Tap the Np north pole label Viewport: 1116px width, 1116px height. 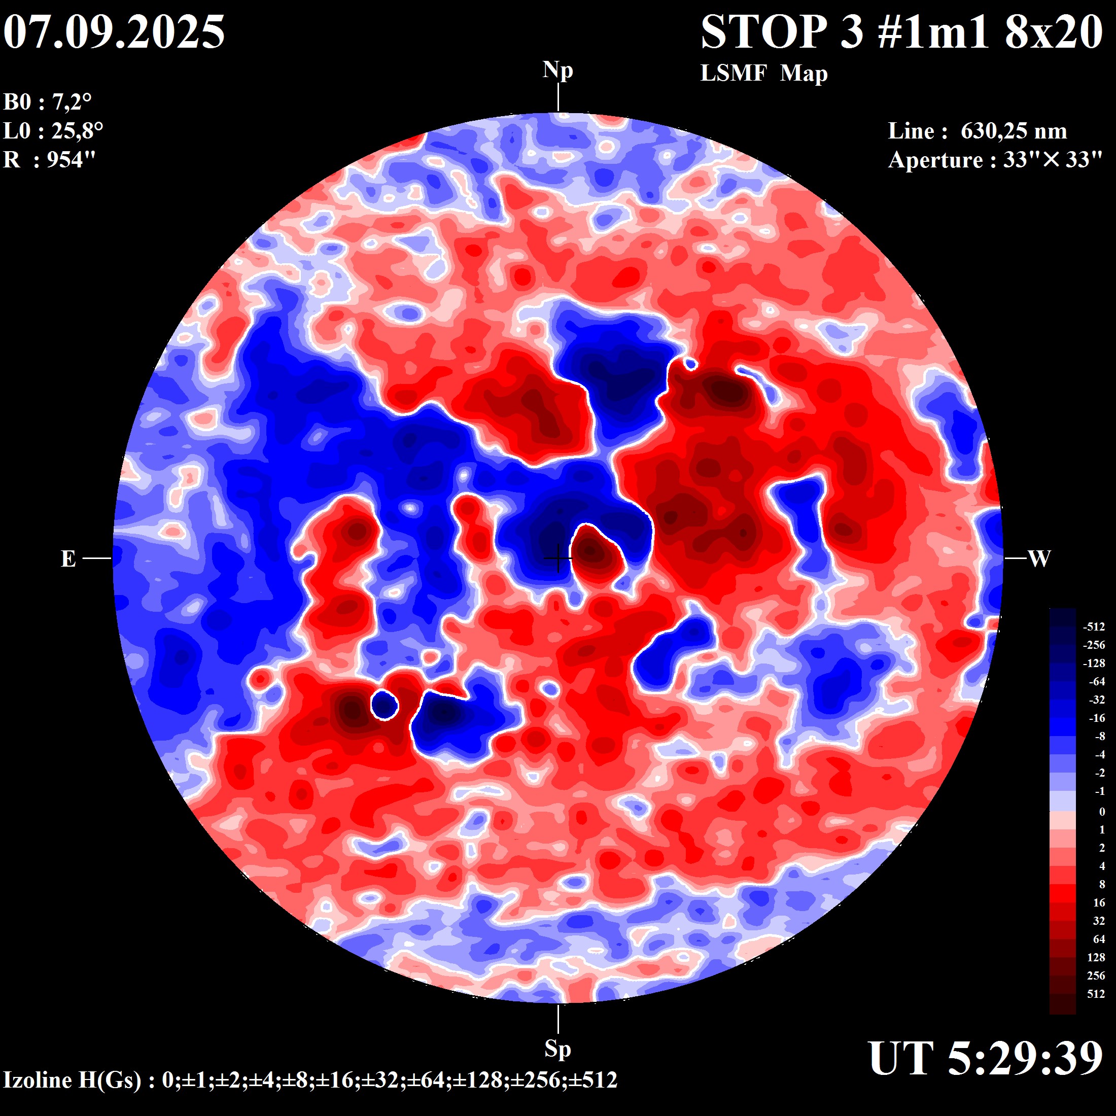click(x=557, y=71)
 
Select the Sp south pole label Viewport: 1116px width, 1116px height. click(x=557, y=1049)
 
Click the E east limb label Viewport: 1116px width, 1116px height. click(x=68, y=559)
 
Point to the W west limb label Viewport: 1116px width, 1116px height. click(x=1038, y=559)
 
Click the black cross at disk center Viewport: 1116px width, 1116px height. click(x=558, y=558)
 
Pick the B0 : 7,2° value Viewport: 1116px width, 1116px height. click(x=47, y=102)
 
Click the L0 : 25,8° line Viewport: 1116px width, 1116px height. click(x=53, y=131)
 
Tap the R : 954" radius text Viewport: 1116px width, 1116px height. click(x=49, y=159)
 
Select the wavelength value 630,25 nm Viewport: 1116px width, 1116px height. click(x=1013, y=131)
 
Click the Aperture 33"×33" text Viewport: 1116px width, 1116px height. click(x=995, y=159)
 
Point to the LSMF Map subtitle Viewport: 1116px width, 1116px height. click(x=763, y=74)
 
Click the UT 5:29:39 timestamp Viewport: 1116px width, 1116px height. click(x=986, y=1058)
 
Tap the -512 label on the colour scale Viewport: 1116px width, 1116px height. click(x=1094, y=627)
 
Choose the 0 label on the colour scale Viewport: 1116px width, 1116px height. click(x=1102, y=812)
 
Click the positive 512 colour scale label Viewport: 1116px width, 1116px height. click(x=1096, y=994)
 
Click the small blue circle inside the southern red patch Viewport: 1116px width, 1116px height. click(x=384, y=705)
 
